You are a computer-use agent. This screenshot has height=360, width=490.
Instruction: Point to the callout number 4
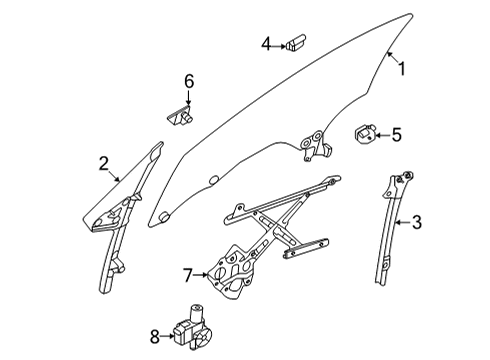pyautogui.click(x=267, y=43)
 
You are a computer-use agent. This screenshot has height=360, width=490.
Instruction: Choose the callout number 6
pyautogui.click(x=186, y=80)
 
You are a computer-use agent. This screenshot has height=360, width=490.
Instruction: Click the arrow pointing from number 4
pyautogui.click(x=280, y=43)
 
